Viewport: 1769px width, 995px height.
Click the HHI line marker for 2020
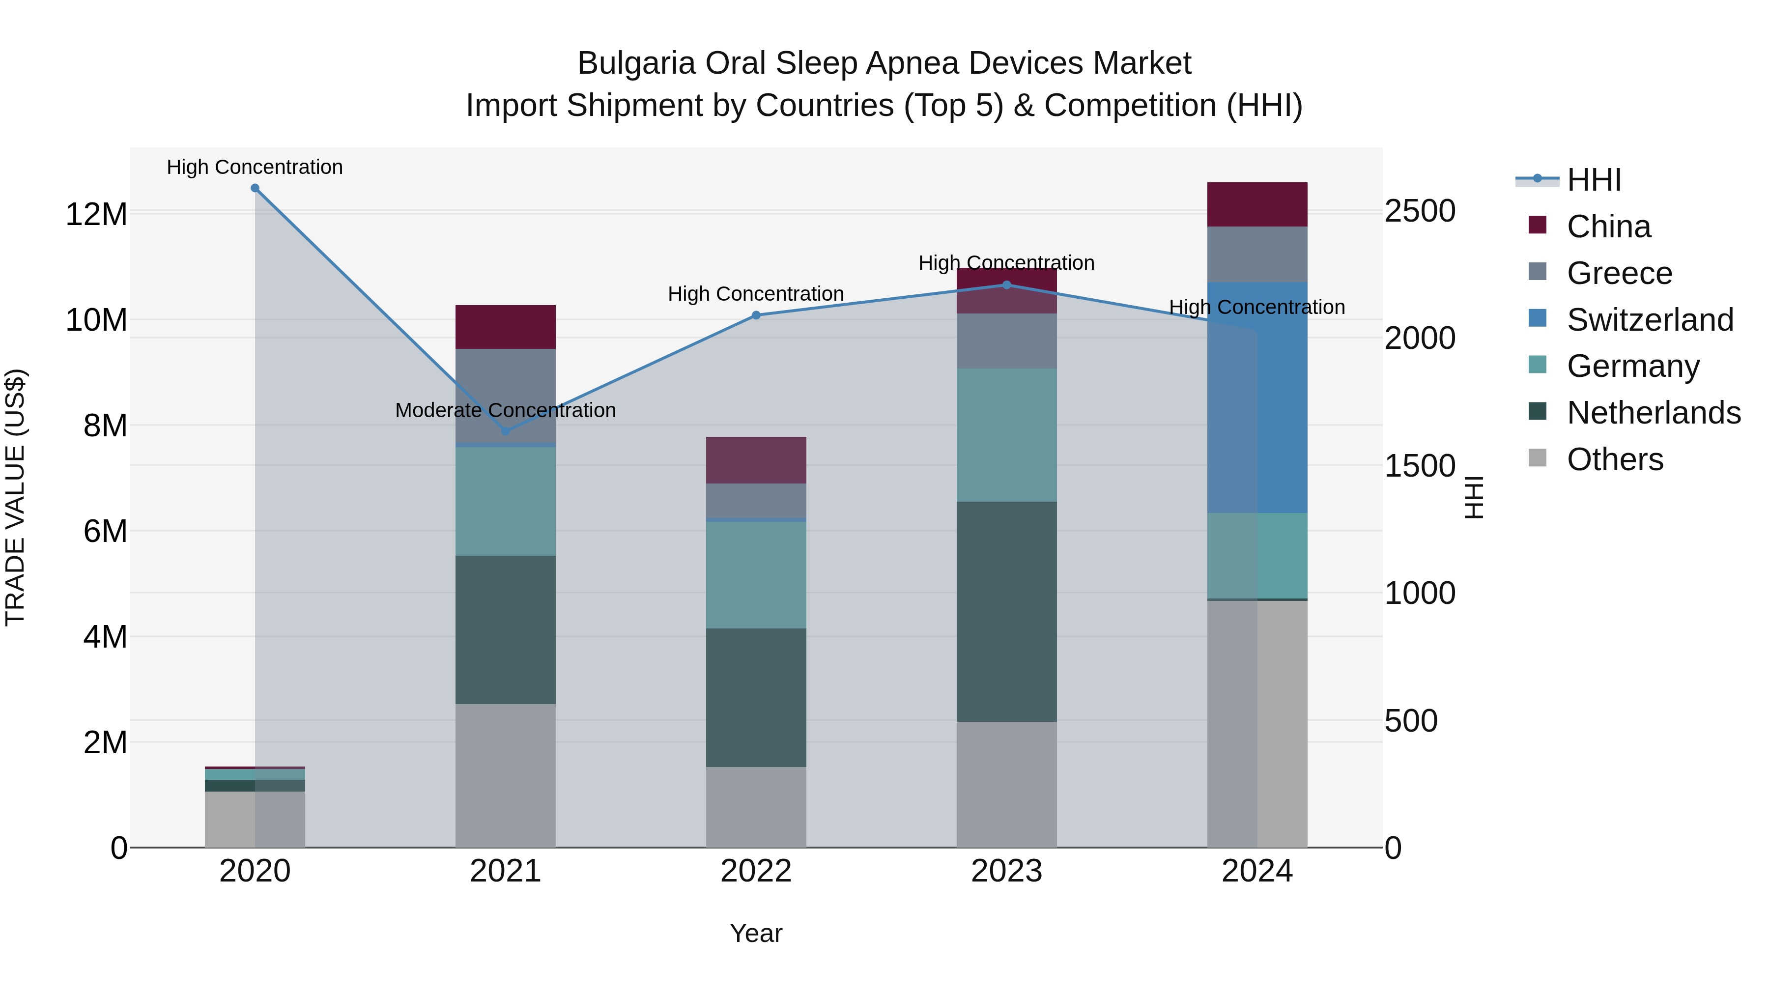click(255, 188)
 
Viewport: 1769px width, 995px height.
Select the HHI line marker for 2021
click(506, 431)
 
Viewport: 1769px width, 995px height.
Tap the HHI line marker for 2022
click(756, 315)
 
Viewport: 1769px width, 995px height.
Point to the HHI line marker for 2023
click(1007, 285)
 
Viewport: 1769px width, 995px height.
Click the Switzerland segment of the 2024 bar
click(1257, 398)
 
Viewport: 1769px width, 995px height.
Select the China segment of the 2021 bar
click(506, 327)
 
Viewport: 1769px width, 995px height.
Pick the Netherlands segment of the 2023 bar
click(1007, 611)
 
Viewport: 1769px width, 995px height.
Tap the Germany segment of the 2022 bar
click(756, 575)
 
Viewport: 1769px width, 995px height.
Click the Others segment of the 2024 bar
click(1257, 724)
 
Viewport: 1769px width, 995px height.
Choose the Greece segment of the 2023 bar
click(1007, 341)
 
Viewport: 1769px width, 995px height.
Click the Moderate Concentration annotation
click(506, 411)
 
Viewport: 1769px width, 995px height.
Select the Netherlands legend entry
click(1653, 413)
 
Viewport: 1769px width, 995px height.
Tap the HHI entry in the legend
click(1593, 180)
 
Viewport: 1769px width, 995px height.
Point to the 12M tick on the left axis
click(96, 214)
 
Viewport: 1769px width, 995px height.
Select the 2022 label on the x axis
click(756, 871)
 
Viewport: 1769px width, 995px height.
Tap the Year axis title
click(756, 933)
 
